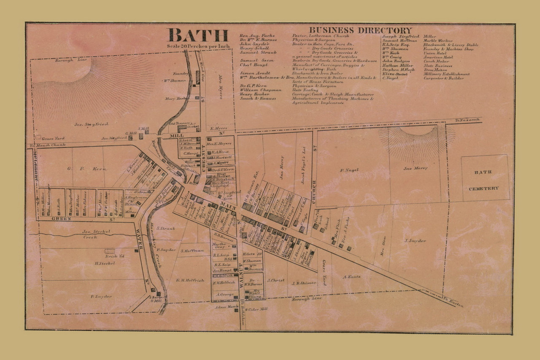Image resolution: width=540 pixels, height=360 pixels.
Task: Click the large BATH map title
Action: click(x=198, y=35)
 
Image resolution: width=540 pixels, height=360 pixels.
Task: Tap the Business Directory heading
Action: click(x=360, y=30)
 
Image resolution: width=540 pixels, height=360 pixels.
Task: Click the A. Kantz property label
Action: click(x=351, y=277)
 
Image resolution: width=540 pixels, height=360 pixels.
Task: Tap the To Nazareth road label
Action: click(x=467, y=120)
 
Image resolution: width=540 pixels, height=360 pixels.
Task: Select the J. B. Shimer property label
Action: click(x=304, y=283)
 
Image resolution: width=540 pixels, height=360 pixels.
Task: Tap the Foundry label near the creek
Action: click(x=182, y=73)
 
